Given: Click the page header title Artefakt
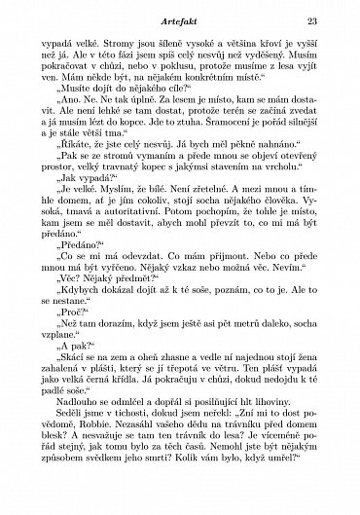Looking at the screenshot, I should click(x=179, y=19).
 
